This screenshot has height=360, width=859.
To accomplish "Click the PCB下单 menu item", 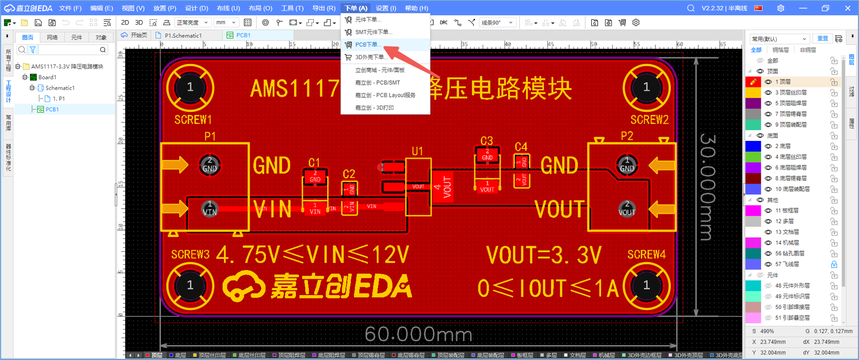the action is (x=368, y=45).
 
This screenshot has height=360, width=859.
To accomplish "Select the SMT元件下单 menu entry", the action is (x=373, y=32).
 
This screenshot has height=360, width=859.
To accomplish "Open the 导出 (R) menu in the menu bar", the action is (x=324, y=8).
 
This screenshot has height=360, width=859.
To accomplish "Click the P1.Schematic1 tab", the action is (x=182, y=35).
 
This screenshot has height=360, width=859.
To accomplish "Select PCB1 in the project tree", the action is (x=52, y=109).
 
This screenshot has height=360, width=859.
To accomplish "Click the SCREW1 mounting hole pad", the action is (x=190, y=88).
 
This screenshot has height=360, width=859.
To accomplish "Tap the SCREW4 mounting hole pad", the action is (x=646, y=285).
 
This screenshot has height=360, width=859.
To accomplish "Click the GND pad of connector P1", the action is (x=209, y=165).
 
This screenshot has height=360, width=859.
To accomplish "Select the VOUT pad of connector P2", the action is (x=627, y=209).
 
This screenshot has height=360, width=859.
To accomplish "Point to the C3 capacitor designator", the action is (x=486, y=141).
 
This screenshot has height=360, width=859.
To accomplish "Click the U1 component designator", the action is (x=417, y=151).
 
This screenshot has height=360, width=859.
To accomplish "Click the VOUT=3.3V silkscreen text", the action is (x=544, y=255).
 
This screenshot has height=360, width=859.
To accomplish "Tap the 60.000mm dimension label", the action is (x=418, y=334).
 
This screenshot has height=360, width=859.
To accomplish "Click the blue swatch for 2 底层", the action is (x=753, y=146).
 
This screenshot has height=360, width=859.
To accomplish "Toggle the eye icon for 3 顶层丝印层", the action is (x=768, y=92).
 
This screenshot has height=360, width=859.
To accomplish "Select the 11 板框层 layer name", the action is (x=787, y=210).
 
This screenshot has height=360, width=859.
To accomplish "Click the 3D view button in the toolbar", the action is (x=139, y=23).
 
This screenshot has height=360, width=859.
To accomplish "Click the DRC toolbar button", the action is (x=444, y=23).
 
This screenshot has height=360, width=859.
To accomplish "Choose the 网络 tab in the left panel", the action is (x=52, y=37).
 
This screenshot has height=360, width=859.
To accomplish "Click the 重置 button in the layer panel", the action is (x=822, y=39).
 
